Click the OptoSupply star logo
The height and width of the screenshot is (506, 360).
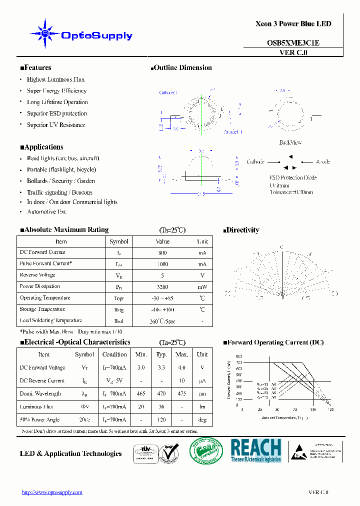[x=45, y=34]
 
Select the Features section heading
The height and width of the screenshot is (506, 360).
[x=35, y=68]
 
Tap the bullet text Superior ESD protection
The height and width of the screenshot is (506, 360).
[x=57, y=113]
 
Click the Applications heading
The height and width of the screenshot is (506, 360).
[x=41, y=147]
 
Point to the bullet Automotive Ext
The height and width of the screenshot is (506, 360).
[x=46, y=212]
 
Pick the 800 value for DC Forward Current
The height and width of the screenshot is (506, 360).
[x=162, y=253]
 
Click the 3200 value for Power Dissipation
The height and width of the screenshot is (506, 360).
[x=162, y=287]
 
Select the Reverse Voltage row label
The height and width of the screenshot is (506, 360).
[x=37, y=275]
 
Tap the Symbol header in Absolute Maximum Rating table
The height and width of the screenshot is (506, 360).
[x=119, y=241]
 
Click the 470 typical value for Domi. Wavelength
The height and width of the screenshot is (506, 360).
[x=161, y=393]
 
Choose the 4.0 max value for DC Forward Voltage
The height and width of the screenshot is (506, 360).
[x=181, y=367]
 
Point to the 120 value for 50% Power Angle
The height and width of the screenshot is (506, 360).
[x=161, y=419]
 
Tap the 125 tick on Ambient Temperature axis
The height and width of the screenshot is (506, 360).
[x=330, y=409]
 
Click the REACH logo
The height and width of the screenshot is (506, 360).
[x=256, y=450]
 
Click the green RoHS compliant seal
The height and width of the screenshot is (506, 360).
[x=206, y=451]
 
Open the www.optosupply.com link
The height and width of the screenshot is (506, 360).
[x=52, y=492]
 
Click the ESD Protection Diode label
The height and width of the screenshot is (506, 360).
[x=293, y=177]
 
